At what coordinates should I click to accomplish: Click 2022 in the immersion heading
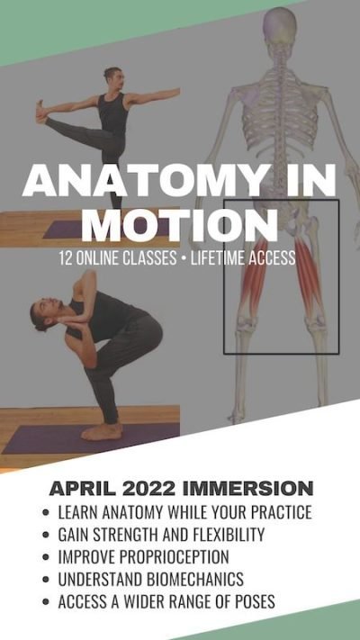(158, 490)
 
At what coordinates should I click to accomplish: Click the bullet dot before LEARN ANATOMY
(46, 513)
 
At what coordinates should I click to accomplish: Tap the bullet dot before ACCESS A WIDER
(46, 600)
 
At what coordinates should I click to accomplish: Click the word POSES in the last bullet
(280, 600)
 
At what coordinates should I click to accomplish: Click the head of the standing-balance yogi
(112, 76)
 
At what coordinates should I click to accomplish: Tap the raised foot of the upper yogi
(40, 112)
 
